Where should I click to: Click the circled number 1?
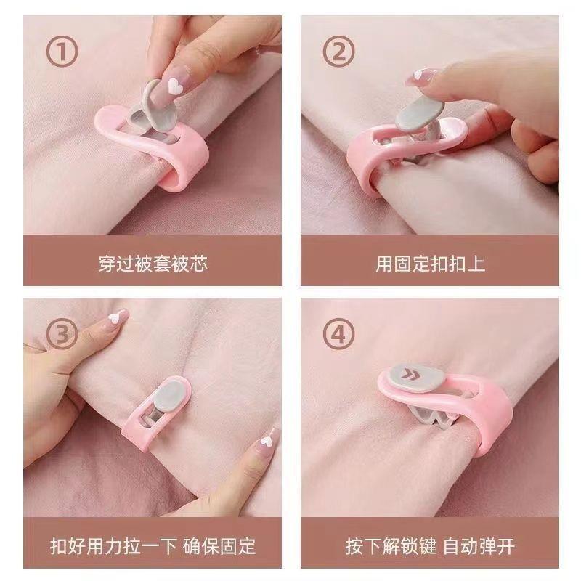pyautogui.click(x=62, y=51)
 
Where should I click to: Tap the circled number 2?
pyautogui.click(x=338, y=51)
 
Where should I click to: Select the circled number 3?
pyautogui.click(x=62, y=333)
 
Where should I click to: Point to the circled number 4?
pyautogui.click(x=338, y=333)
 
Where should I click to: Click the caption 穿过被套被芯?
pyautogui.click(x=153, y=264)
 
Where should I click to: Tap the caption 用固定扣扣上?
pyautogui.click(x=430, y=264)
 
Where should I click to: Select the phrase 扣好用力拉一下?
pyautogui.click(x=113, y=547)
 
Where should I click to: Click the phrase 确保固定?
pyautogui.click(x=219, y=547)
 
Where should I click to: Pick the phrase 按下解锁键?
pyautogui.click(x=391, y=547)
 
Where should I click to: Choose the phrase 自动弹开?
pyautogui.click(x=479, y=547)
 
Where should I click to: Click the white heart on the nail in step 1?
pyautogui.click(x=174, y=86)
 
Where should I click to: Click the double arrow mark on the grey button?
pyautogui.click(x=410, y=374)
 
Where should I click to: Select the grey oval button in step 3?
pyautogui.click(x=168, y=396)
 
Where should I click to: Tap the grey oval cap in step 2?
pyautogui.click(x=420, y=113)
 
